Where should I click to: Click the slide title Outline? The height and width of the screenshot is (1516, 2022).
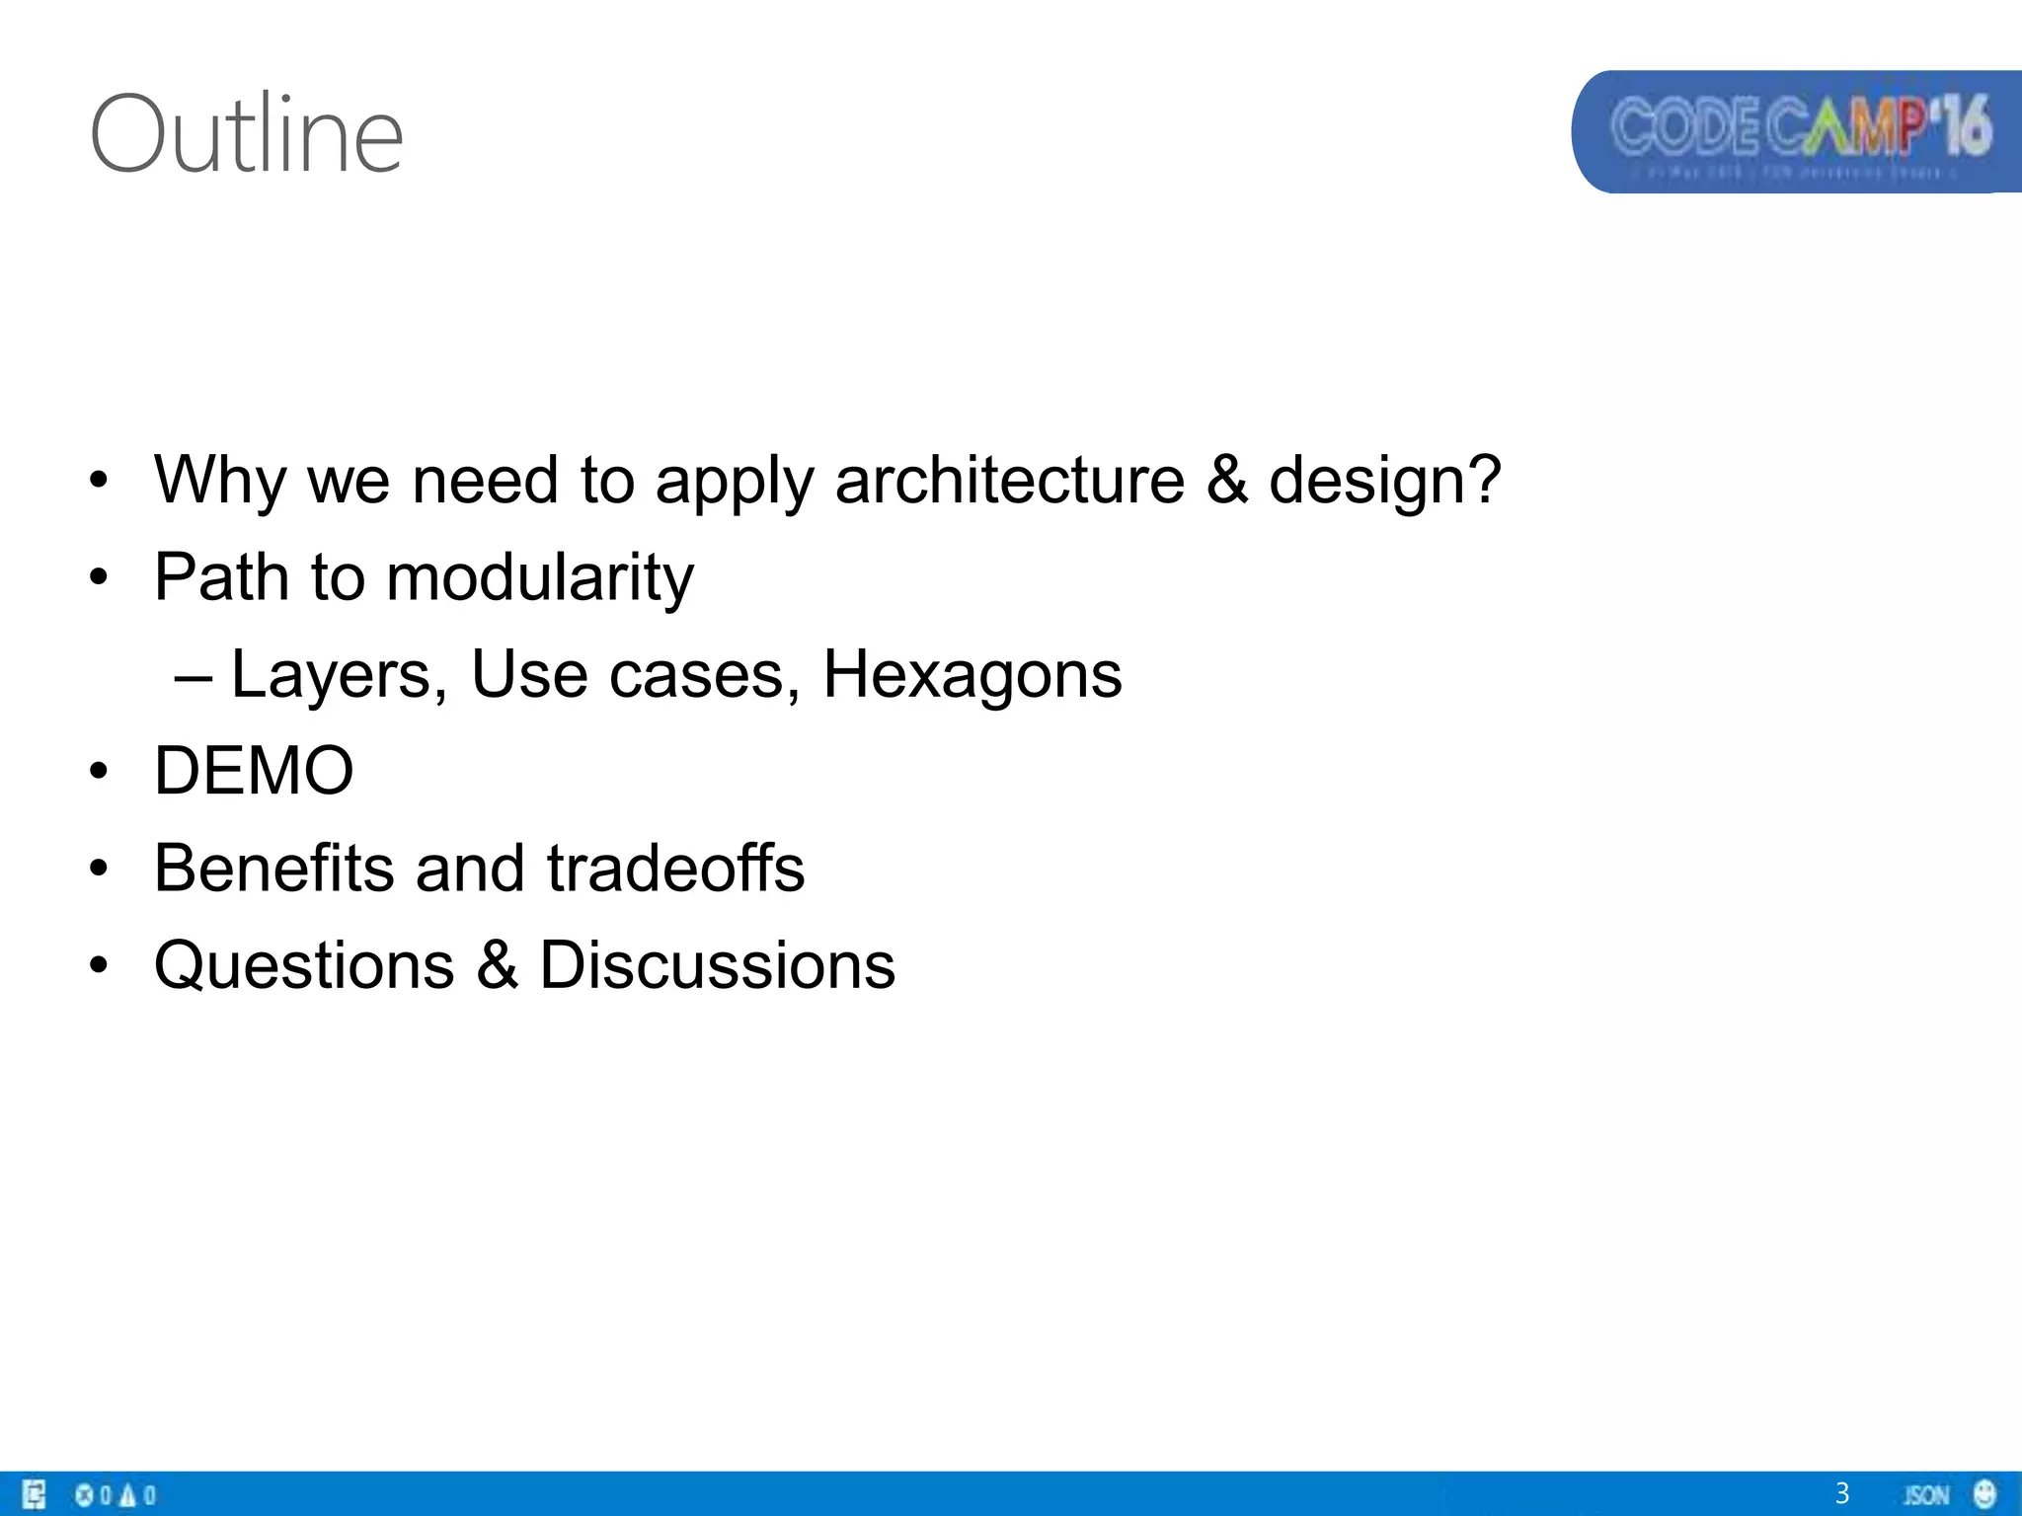click(247, 134)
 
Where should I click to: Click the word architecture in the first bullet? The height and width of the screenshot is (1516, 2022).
click(1009, 481)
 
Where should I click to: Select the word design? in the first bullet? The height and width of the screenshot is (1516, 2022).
click(1384, 481)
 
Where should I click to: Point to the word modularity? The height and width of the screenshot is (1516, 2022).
click(540, 577)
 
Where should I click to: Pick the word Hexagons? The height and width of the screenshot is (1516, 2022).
click(972, 675)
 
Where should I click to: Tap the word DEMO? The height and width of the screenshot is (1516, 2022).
click(254, 771)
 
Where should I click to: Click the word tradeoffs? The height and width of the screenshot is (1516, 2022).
click(676, 869)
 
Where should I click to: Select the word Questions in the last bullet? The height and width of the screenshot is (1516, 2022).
click(304, 965)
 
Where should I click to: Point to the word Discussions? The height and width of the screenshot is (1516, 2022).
click(718, 965)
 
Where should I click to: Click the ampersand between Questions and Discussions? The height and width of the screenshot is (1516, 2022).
click(498, 965)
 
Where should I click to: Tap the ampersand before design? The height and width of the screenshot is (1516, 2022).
click(1226, 481)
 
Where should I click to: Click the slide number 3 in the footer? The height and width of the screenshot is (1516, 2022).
click(1841, 1493)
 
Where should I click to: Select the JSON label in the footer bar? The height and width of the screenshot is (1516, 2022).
click(1926, 1495)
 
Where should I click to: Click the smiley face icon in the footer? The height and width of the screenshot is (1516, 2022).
click(1984, 1493)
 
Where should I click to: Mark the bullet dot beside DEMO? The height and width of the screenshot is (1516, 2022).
click(98, 771)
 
